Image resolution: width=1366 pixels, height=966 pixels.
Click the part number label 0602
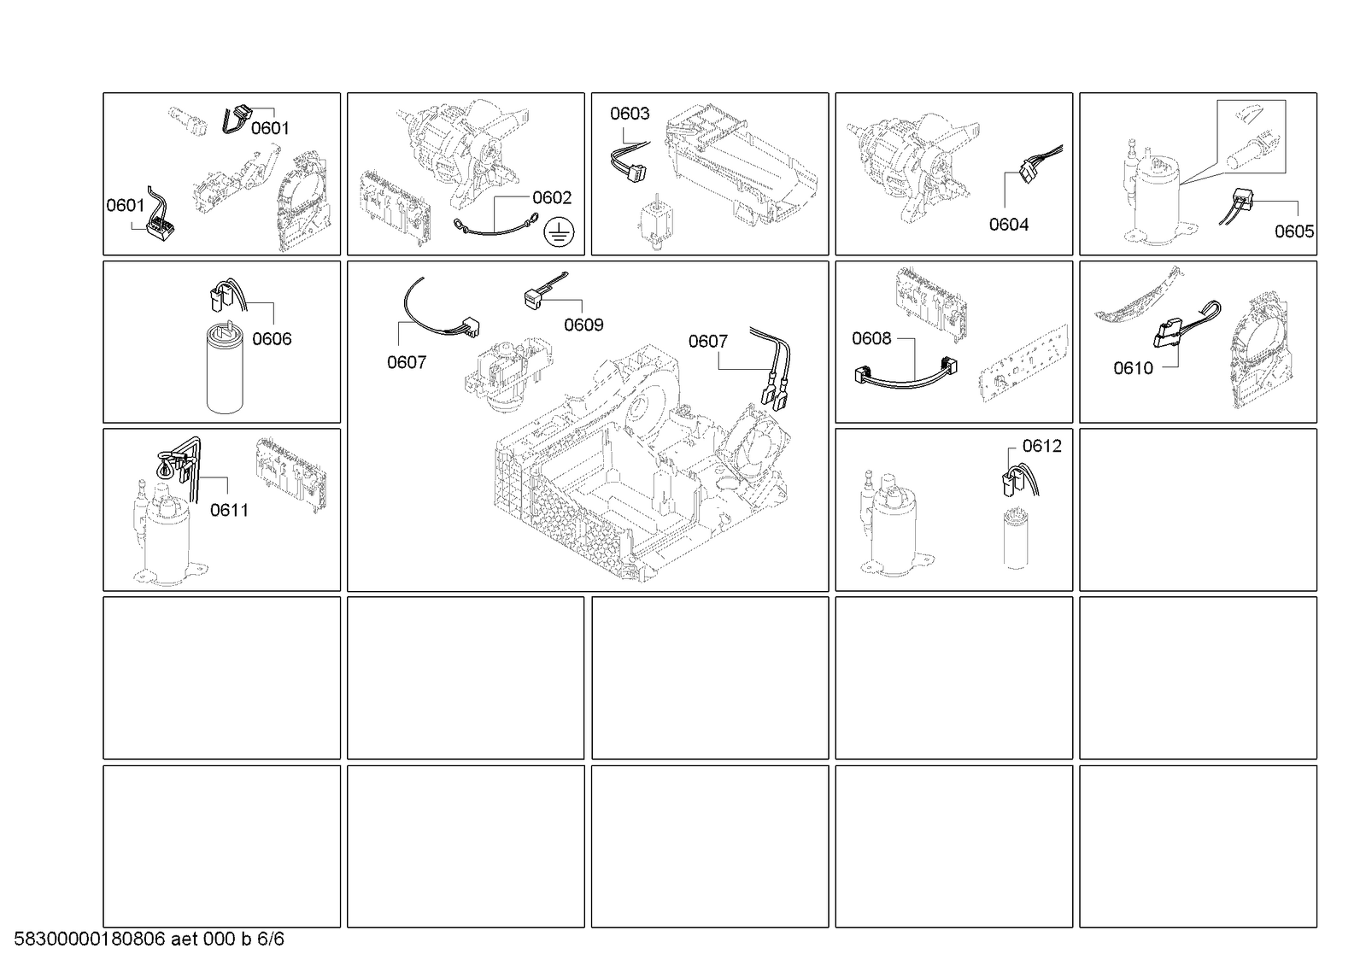click(x=552, y=197)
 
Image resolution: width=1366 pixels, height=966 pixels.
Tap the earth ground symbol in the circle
click(x=559, y=231)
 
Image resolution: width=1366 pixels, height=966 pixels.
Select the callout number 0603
click(x=630, y=114)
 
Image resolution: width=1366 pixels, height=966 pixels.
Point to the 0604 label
click(x=1009, y=225)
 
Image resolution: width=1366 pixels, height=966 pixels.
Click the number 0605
click(x=1294, y=231)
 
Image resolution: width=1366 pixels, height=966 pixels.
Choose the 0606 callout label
click(x=272, y=338)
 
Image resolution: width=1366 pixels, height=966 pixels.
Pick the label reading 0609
click(x=583, y=325)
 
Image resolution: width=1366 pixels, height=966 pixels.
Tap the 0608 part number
click(x=871, y=338)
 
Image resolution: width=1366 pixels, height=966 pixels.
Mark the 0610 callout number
click(x=1133, y=368)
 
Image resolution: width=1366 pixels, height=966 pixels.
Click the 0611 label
click(x=229, y=510)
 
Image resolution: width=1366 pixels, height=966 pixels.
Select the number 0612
click(x=1042, y=446)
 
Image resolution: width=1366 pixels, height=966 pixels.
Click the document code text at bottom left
click(x=149, y=939)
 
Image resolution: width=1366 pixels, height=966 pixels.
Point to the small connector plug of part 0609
click(x=533, y=299)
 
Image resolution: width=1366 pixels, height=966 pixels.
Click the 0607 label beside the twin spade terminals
click(x=708, y=342)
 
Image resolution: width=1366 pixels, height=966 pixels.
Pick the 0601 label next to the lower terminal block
click(x=126, y=206)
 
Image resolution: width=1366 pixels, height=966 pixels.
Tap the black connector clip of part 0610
click(x=1166, y=333)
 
